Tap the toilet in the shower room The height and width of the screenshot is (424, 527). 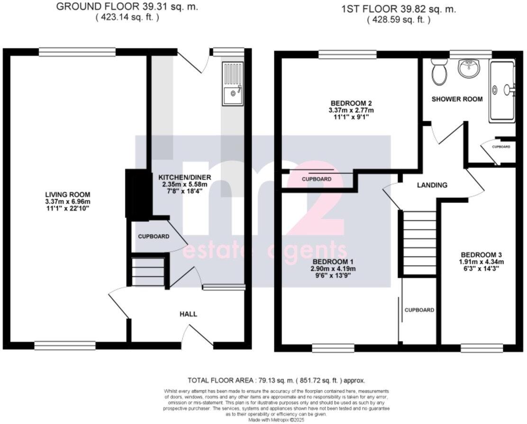pos(438,72)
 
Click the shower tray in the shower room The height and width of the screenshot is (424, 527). pos(502,90)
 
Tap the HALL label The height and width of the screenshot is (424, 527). pos(188,314)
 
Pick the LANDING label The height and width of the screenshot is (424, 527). pos(432,185)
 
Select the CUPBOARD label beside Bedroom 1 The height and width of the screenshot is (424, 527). pos(419,310)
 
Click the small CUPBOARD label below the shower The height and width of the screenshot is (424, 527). pos(501,147)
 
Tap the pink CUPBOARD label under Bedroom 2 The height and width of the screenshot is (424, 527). pos(317,179)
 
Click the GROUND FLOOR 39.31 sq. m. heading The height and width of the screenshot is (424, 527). pos(127,7)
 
